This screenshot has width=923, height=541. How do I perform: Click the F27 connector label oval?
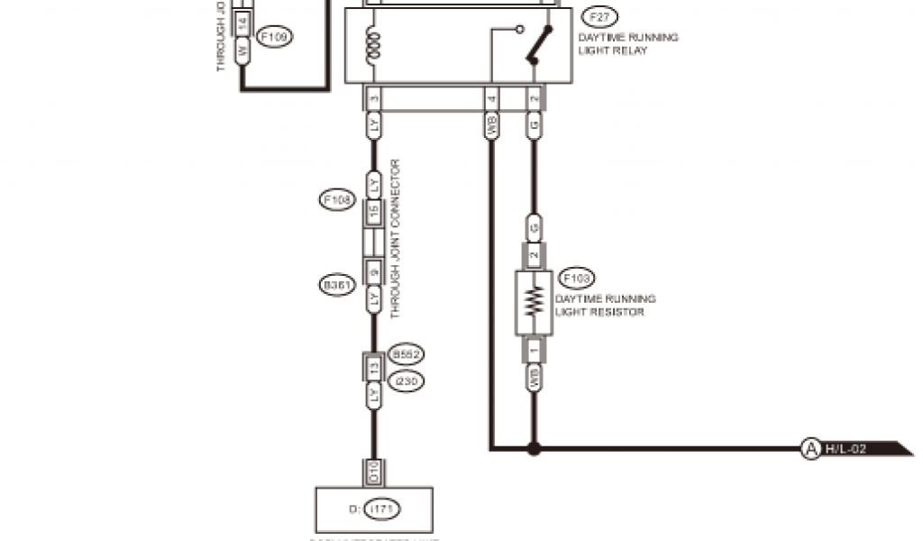click(x=600, y=17)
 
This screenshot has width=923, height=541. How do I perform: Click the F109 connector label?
click(x=274, y=37)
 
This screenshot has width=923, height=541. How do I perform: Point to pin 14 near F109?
click(x=242, y=21)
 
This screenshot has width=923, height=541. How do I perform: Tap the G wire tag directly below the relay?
click(x=534, y=125)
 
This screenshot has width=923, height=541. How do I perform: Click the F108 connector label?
click(x=336, y=199)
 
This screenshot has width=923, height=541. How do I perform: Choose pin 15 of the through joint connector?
click(x=373, y=213)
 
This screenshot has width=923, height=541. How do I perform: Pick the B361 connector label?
click(x=336, y=285)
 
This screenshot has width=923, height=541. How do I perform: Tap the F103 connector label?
click(x=577, y=278)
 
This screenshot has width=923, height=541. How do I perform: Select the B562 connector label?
click(x=407, y=355)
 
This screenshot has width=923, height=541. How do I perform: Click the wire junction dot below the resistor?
click(x=534, y=447)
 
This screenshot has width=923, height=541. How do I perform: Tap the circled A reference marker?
click(x=810, y=447)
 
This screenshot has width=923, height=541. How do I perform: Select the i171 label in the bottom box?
click(x=382, y=510)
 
